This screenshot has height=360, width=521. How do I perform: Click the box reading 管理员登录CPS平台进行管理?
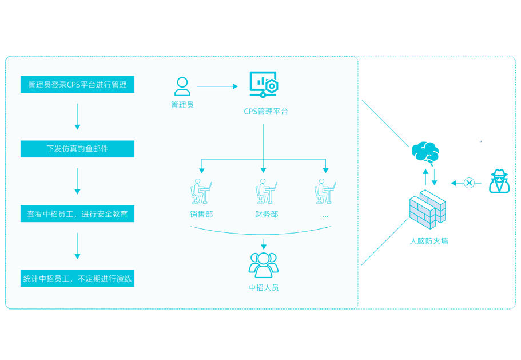click(x=77, y=85)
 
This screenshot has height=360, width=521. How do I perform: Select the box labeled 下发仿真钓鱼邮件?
click(x=77, y=149)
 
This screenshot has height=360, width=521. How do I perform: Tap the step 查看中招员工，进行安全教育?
click(x=77, y=214)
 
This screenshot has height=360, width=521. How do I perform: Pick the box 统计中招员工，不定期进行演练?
click(x=77, y=279)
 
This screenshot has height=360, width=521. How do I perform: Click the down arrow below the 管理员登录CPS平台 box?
click(x=77, y=117)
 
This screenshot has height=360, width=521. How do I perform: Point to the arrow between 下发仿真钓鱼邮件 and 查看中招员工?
click(x=77, y=181)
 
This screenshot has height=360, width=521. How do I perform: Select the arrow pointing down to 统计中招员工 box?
click(x=77, y=247)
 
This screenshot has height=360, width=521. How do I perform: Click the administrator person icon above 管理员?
click(x=182, y=87)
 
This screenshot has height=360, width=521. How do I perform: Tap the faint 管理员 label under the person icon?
click(x=182, y=105)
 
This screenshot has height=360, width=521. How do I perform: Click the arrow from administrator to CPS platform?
click(x=217, y=86)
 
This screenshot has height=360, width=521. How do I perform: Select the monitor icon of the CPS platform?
click(x=264, y=85)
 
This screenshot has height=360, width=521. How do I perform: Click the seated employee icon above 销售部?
click(x=201, y=192)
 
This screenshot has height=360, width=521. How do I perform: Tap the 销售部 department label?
click(x=201, y=213)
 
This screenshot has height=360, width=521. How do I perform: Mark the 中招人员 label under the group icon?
click(x=264, y=288)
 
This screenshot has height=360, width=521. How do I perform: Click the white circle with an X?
click(x=469, y=183)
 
